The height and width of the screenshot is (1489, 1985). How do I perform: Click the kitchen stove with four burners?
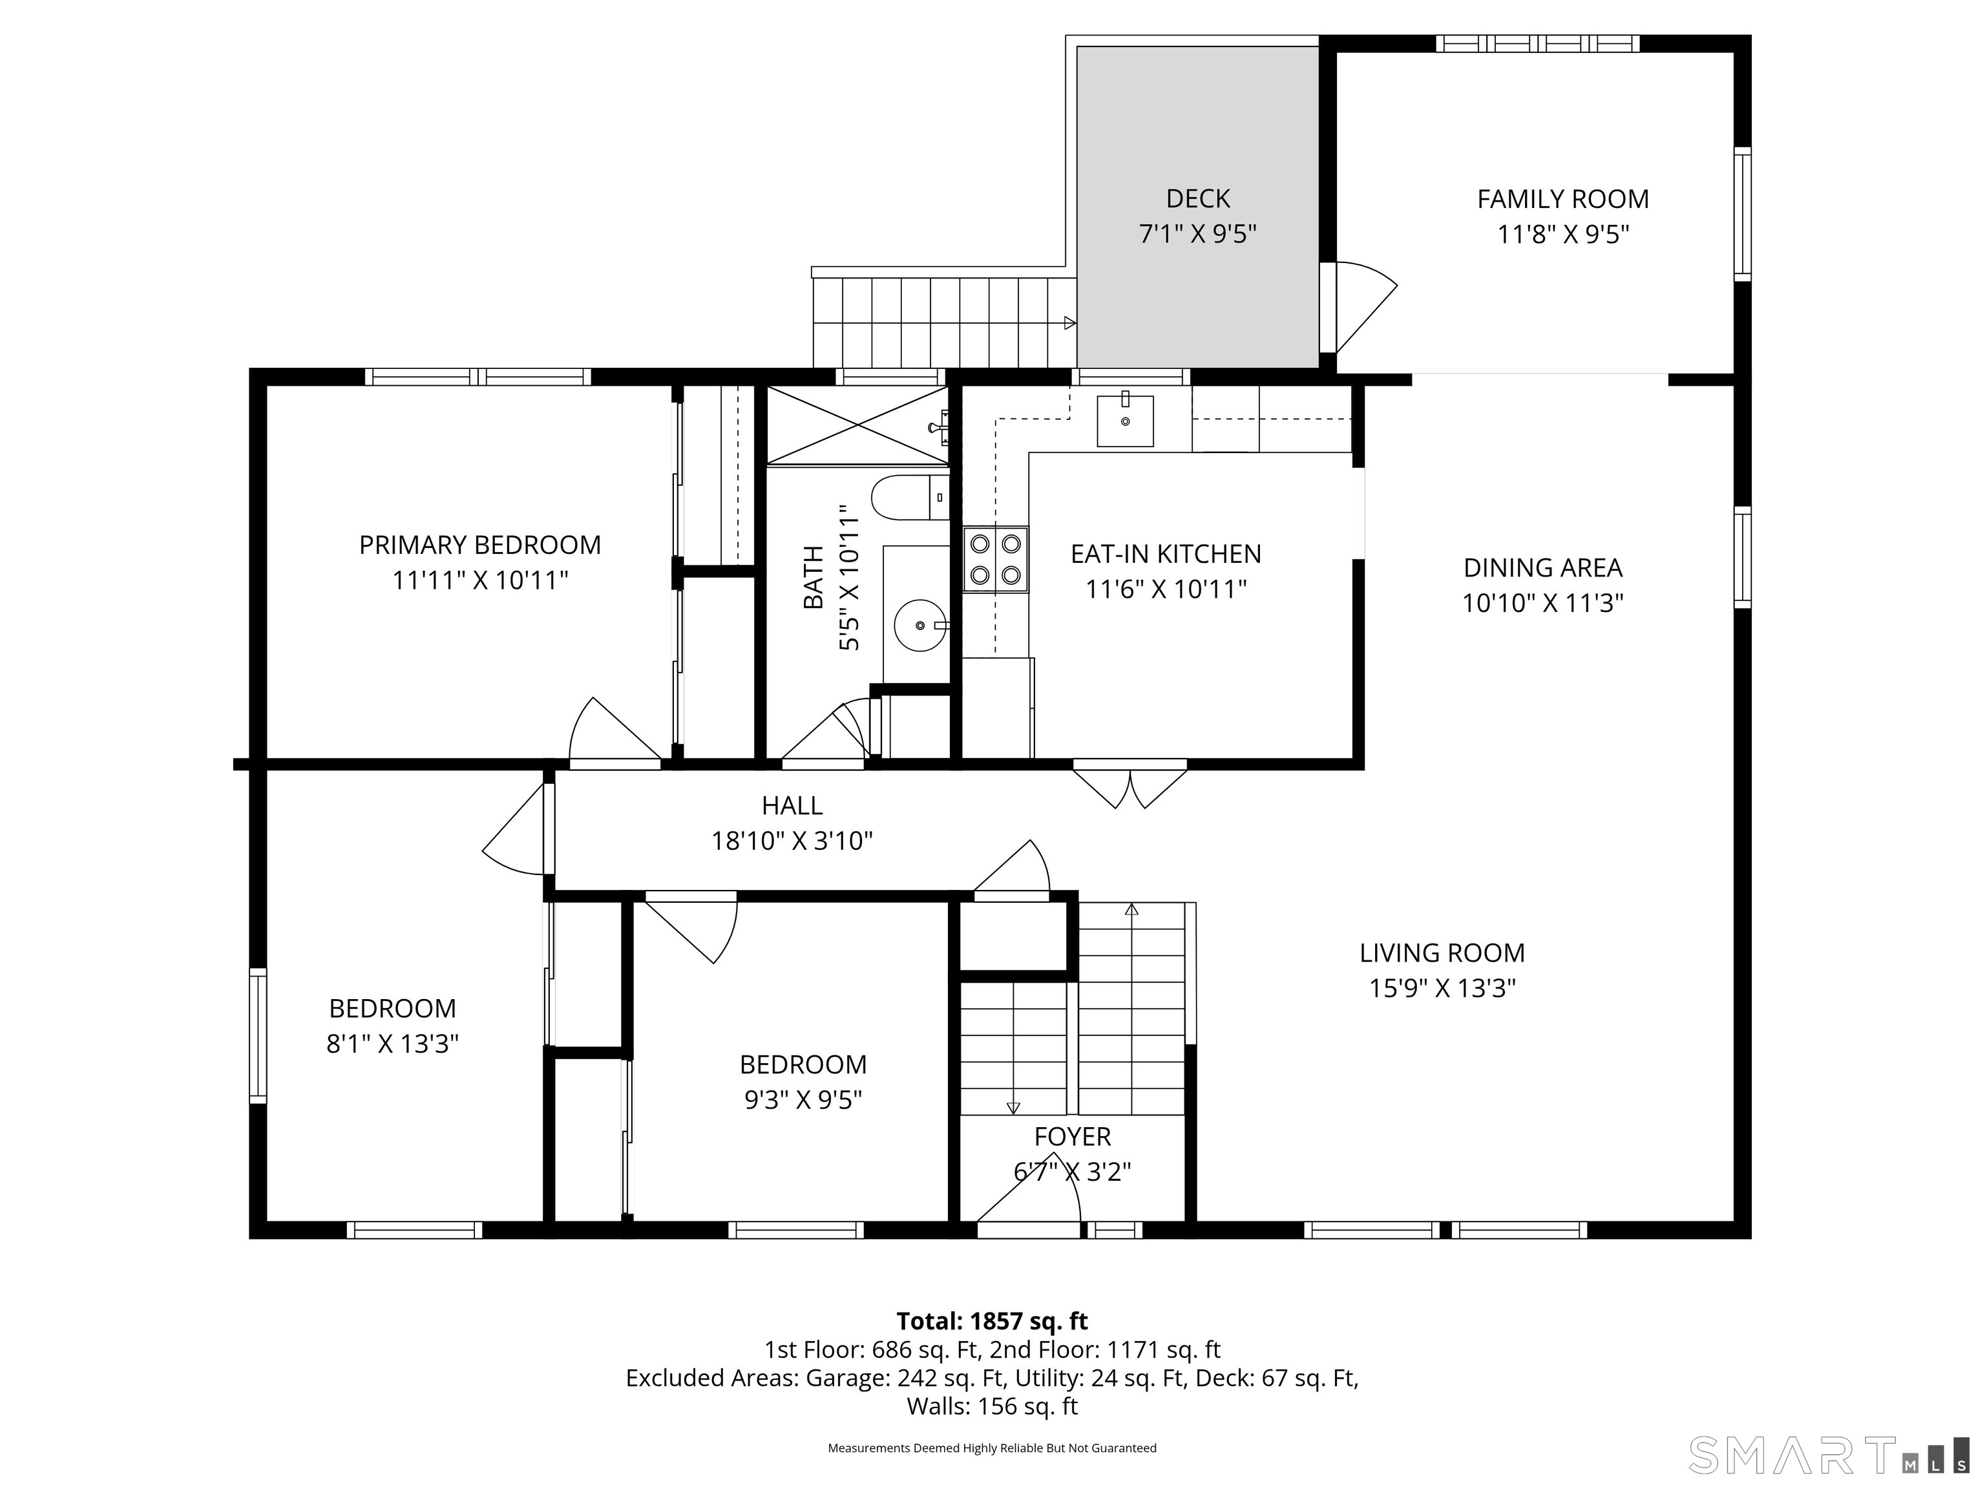[x=995, y=559]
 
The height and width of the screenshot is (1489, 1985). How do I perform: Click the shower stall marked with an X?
[x=857, y=425]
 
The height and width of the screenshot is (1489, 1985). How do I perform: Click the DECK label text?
[x=1197, y=198]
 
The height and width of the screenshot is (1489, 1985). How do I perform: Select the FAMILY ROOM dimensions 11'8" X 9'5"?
[x=1562, y=234]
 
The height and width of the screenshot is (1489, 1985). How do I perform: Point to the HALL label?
[x=792, y=805]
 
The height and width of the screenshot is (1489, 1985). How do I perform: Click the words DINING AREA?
[x=1542, y=567]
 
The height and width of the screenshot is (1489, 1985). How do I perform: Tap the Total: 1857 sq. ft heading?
[x=992, y=1321]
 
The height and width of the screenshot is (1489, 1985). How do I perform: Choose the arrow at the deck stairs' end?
[x=1069, y=323]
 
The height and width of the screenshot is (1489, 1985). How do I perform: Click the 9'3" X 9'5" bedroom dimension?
[x=803, y=1099]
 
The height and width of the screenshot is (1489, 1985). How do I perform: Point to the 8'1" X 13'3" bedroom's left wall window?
[x=258, y=1035]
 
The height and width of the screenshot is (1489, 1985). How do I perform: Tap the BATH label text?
[x=813, y=577]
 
